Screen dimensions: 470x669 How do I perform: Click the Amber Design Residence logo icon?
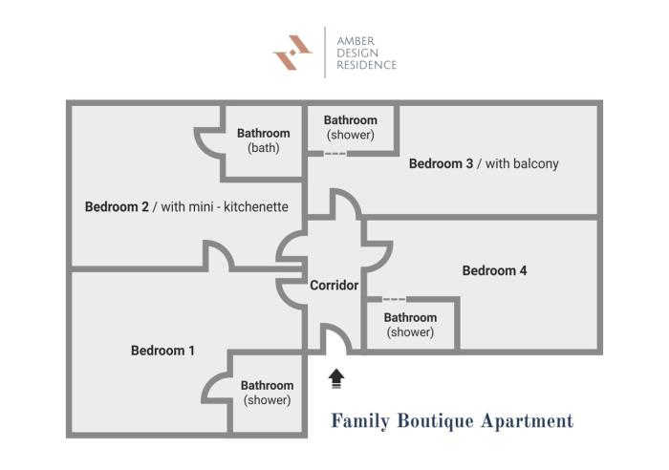(292, 52)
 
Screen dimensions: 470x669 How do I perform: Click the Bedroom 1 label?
(162, 351)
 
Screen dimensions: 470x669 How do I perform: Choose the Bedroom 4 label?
(494, 270)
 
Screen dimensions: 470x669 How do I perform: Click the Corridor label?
(334, 285)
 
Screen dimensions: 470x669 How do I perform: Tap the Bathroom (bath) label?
(263, 140)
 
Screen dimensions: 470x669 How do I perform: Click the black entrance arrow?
(335, 379)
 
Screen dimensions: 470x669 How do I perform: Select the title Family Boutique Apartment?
(451, 420)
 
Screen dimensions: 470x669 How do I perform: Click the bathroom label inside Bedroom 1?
(268, 393)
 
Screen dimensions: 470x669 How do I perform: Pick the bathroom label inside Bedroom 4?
(410, 325)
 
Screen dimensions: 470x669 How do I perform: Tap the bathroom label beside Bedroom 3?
(350, 127)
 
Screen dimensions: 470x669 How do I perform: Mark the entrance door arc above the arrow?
(334, 339)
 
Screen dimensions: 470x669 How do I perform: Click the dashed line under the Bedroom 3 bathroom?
(334, 154)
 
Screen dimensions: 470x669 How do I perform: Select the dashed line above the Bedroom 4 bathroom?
(394, 299)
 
